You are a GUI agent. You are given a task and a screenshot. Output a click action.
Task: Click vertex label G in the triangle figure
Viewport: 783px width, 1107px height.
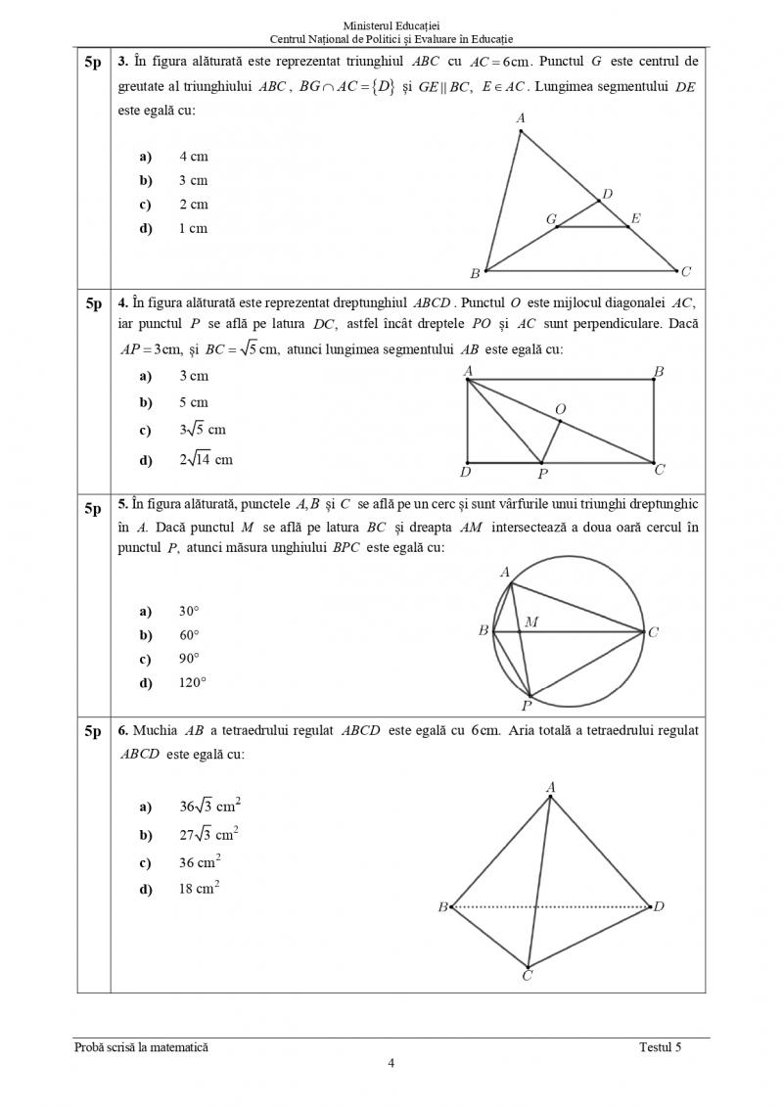pos(551,219)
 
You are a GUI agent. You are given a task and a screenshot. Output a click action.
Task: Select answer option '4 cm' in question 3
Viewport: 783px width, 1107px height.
pos(194,157)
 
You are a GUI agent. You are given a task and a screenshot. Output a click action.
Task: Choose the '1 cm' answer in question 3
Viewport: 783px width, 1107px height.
pos(194,229)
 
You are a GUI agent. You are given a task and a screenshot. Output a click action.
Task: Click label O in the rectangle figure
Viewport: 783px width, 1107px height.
pos(560,408)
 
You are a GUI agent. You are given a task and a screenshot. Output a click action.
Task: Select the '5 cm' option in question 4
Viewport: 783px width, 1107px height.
pos(194,402)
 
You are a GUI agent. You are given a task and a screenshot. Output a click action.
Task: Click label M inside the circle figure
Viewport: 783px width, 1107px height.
pos(530,622)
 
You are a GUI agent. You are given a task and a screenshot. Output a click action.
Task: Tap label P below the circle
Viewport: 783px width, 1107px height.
pos(527,705)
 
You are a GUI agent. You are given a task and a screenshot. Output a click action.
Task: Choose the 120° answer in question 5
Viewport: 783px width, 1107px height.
pos(193,683)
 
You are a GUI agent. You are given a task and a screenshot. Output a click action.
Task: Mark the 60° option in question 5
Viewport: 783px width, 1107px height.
pos(189,635)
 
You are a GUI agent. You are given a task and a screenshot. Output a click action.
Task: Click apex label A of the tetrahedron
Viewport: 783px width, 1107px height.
pos(550,786)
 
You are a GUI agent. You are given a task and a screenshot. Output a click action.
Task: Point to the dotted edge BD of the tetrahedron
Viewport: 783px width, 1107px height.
pos(548,907)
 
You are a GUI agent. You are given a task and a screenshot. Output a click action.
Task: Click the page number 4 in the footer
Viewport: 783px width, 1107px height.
pos(391,1064)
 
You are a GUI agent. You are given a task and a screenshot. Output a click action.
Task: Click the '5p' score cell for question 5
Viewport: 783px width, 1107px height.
pos(93,508)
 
